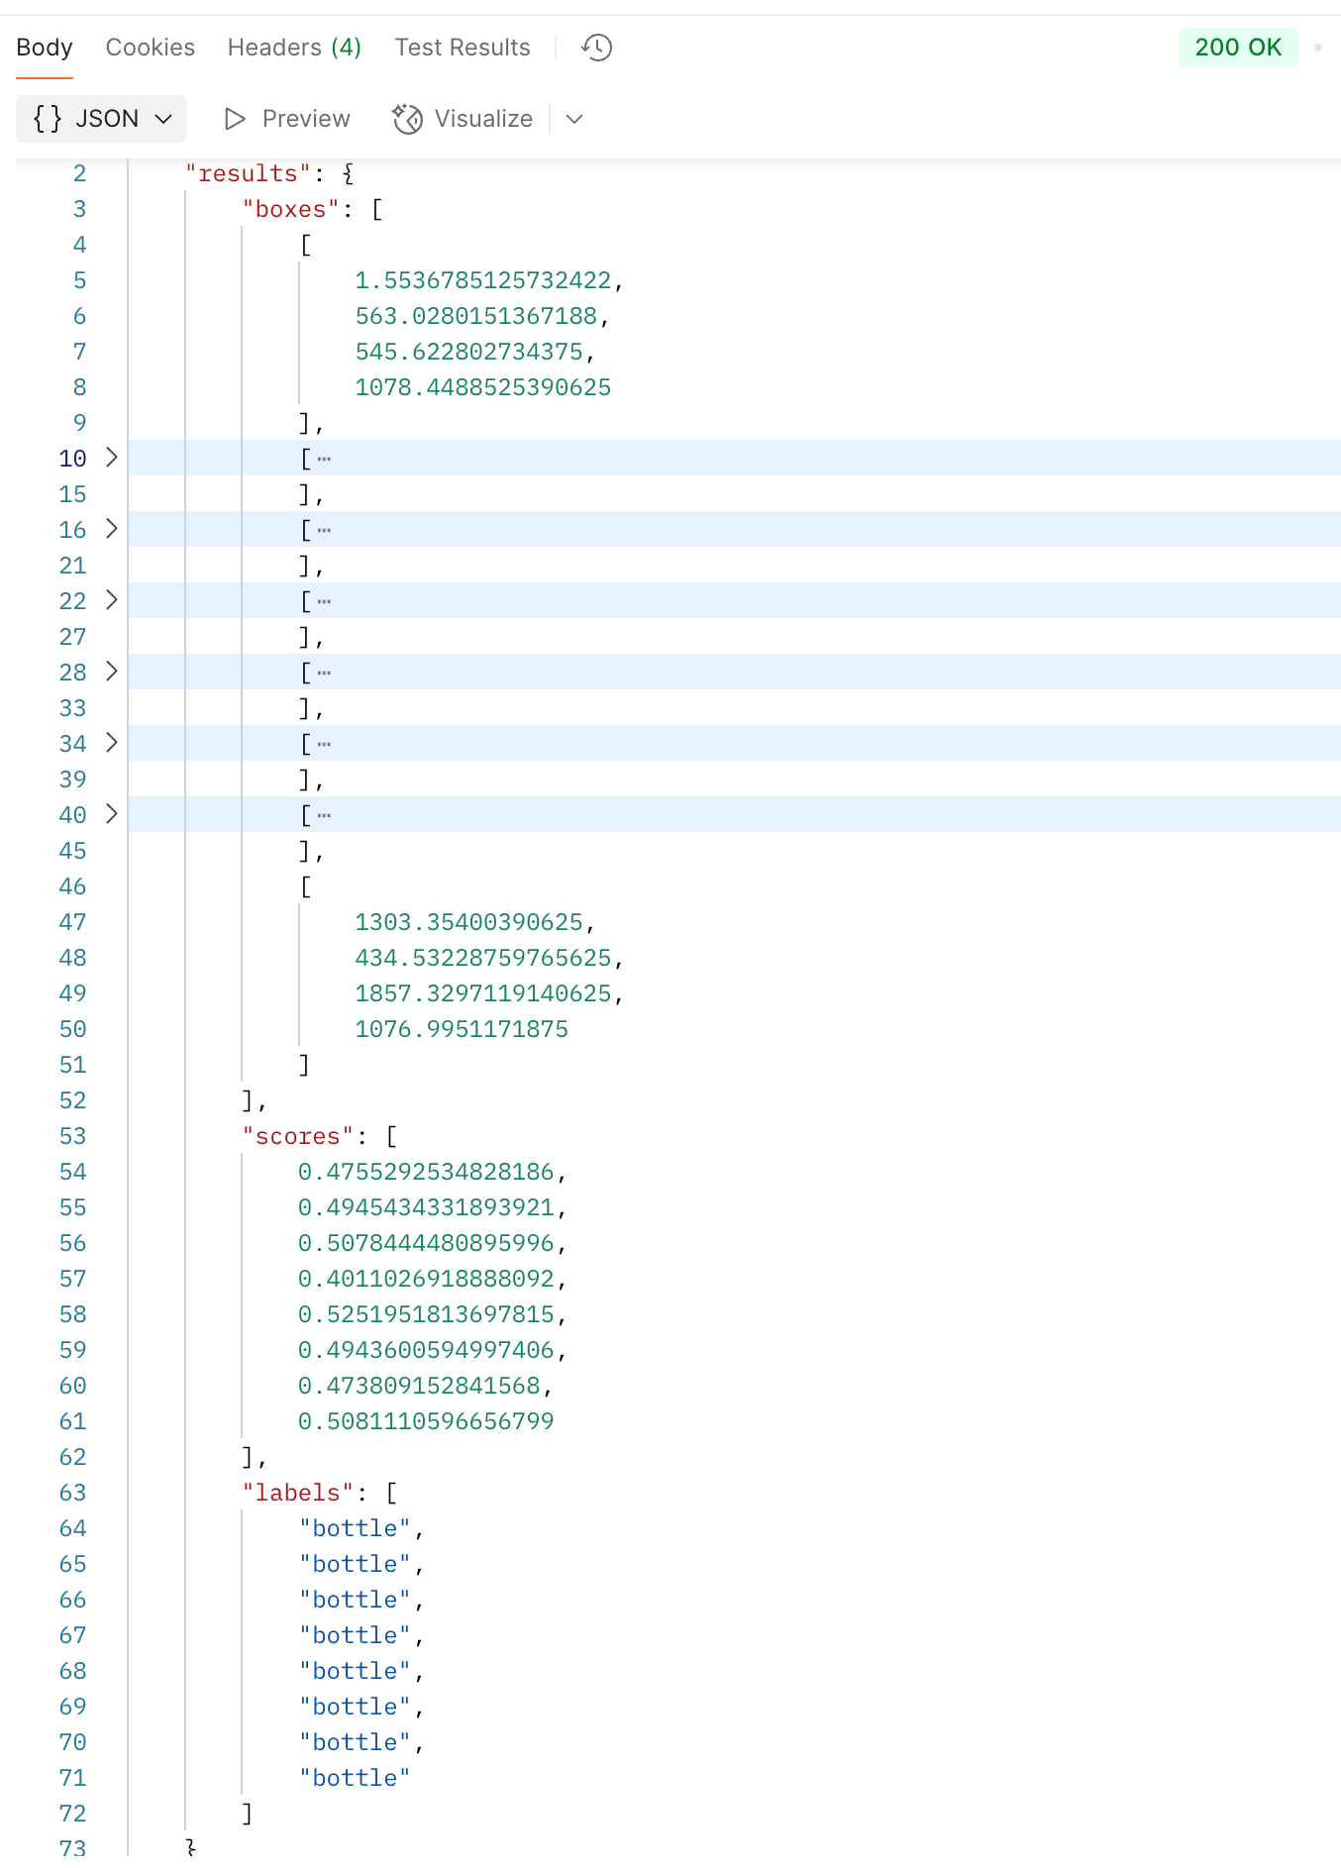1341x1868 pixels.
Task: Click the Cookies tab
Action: (x=150, y=48)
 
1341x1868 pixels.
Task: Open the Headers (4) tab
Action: (x=294, y=48)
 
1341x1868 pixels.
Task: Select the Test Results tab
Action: (x=462, y=48)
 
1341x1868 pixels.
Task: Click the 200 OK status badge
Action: (x=1237, y=48)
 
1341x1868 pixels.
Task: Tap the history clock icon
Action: (x=597, y=48)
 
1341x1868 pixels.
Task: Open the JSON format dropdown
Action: (x=102, y=119)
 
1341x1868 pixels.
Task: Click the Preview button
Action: (x=287, y=119)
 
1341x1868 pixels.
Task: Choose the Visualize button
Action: (x=464, y=119)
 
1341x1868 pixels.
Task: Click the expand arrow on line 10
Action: (x=112, y=458)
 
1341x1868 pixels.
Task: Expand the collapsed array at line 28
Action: (x=112, y=672)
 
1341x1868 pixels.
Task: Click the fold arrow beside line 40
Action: (x=112, y=814)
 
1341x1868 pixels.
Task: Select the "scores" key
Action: (x=298, y=1136)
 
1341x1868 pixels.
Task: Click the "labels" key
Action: (x=298, y=1493)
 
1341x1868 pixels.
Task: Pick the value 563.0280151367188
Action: (x=476, y=316)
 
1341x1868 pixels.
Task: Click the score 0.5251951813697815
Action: (x=427, y=1314)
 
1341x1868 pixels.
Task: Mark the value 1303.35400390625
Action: (x=469, y=922)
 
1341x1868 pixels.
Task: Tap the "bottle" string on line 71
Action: (x=355, y=1778)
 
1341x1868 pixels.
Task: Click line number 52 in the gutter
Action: (x=72, y=1100)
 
